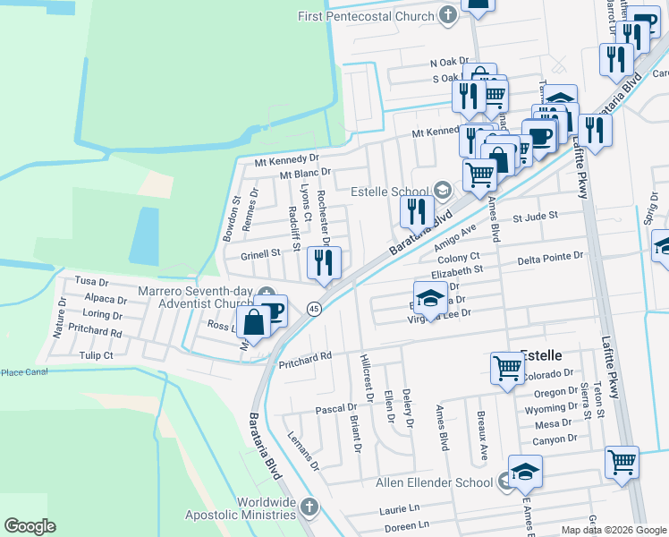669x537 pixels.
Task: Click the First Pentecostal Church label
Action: [367, 15]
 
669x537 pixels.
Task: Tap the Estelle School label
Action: [390, 191]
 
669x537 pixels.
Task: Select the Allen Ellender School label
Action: [432, 482]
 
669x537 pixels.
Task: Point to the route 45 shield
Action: [314, 309]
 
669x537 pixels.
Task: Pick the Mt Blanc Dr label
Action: [305, 173]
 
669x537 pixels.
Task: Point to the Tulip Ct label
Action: [96, 354]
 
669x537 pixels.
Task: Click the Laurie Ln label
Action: [400, 508]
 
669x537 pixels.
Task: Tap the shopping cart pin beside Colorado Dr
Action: [507, 366]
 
